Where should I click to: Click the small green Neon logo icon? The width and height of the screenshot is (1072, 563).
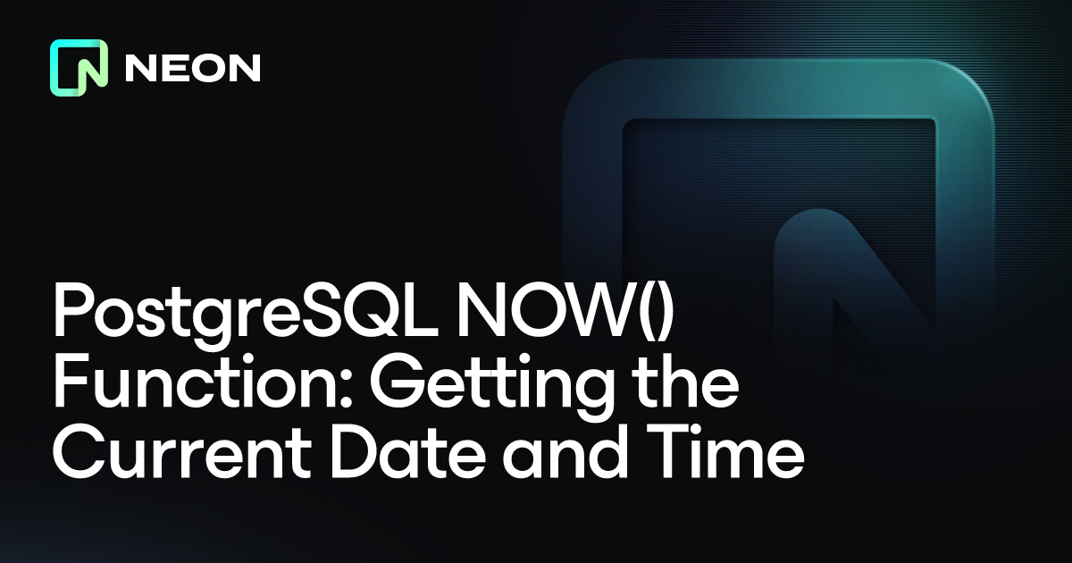pos(79,68)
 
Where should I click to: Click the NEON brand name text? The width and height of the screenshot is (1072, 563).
pos(193,68)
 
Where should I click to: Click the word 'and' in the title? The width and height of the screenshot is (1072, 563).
pos(565,452)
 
